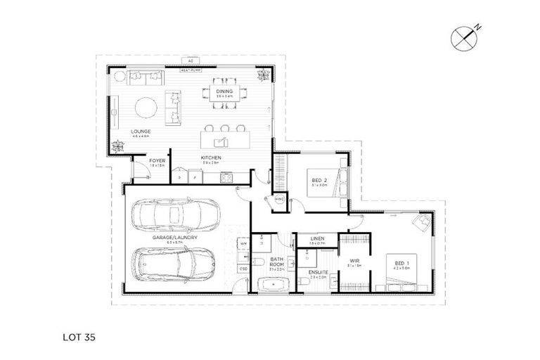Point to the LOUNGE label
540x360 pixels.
coord(141,131)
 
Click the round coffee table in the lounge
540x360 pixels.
coord(146,108)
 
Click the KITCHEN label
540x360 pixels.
coord(212,157)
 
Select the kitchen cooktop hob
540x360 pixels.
coord(227,179)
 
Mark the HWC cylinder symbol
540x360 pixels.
coord(278,199)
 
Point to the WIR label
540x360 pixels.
coord(354,261)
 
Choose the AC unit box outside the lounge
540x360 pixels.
coord(191,61)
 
